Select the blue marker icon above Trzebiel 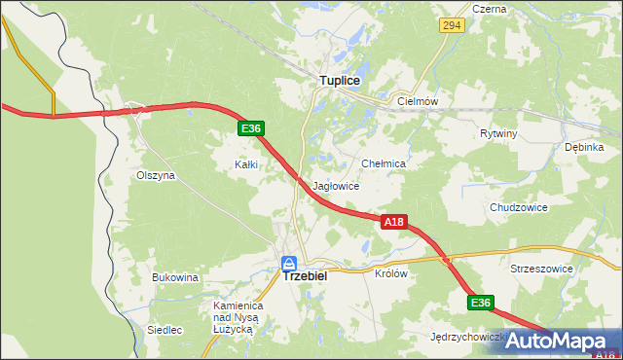point(289,263)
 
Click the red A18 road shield point(392,223)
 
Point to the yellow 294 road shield point(450,27)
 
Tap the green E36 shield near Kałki point(250,128)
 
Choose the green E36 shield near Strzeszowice point(480,304)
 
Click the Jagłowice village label point(337,186)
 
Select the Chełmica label point(383,164)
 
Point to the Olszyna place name point(155,175)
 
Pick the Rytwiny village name point(498,133)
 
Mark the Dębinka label point(584,147)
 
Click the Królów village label point(390,273)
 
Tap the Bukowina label point(175,277)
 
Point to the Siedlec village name point(165,330)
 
